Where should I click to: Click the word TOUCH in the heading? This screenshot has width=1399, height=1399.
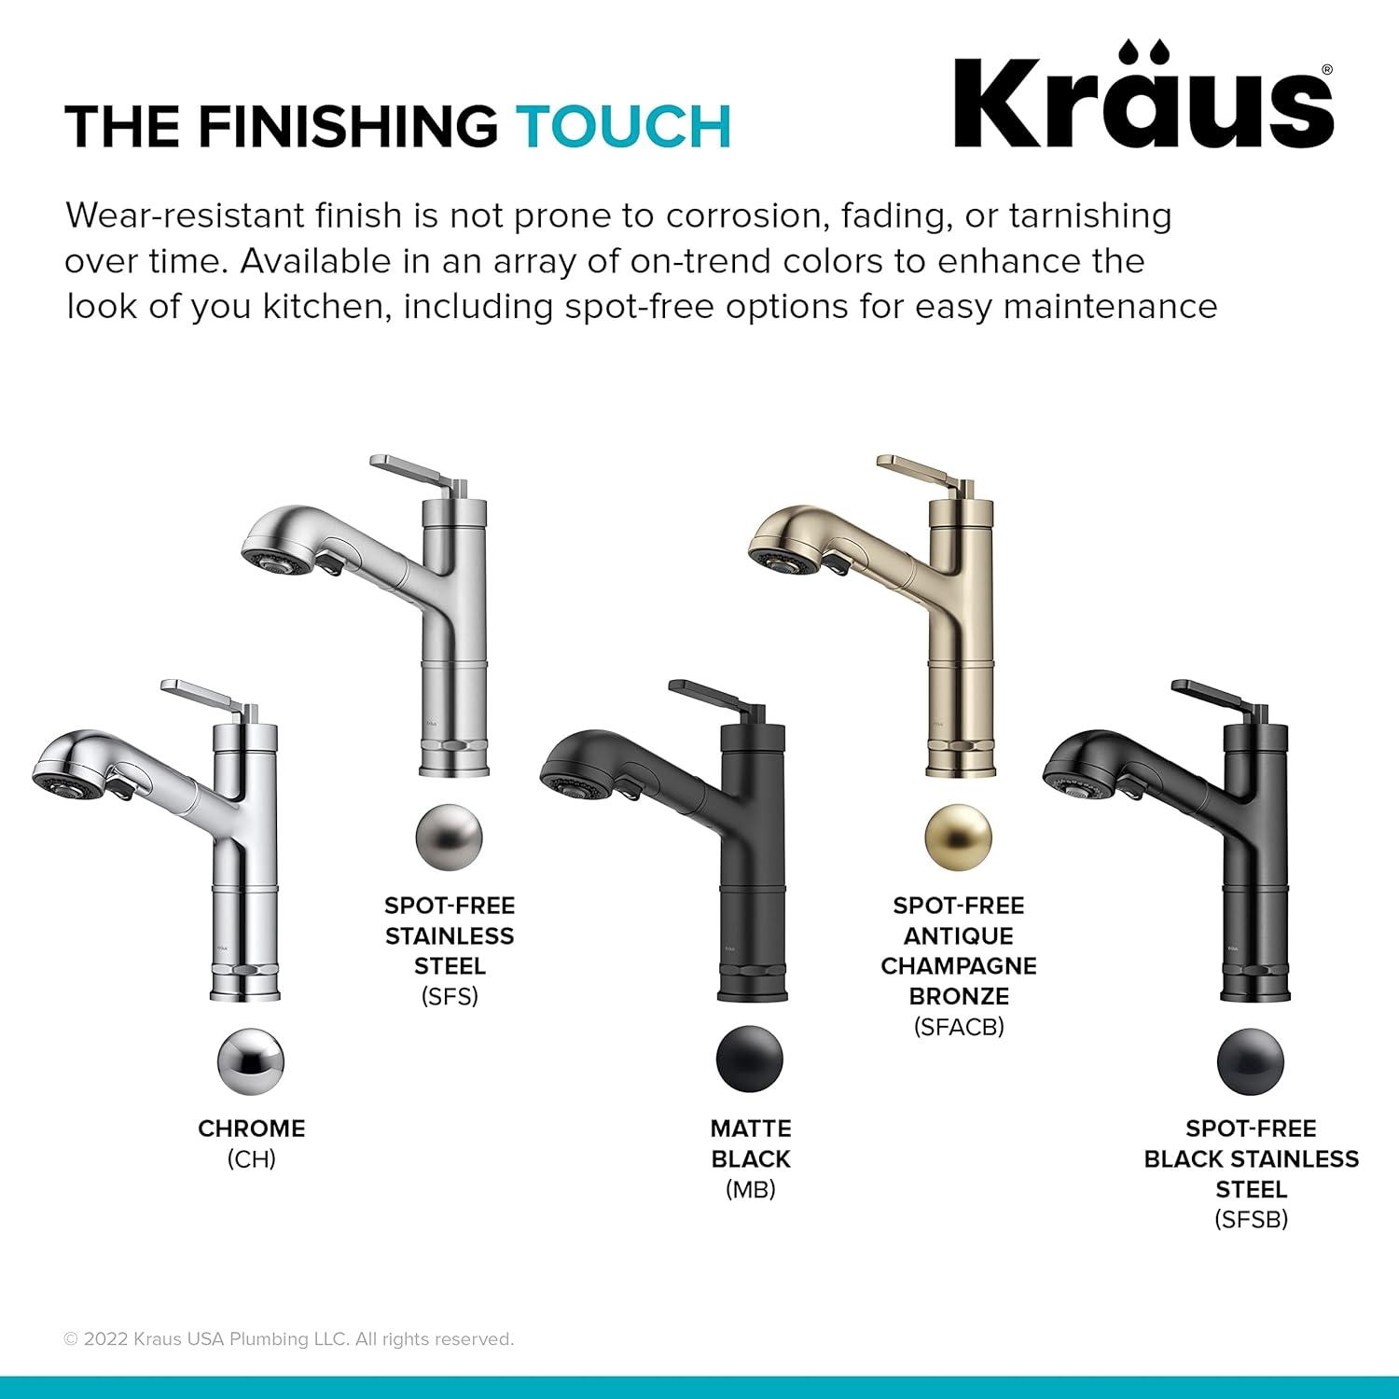pos(624,127)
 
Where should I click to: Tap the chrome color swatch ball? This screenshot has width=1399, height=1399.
pos(251,1061)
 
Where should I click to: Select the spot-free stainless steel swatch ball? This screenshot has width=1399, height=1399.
pos(450,837)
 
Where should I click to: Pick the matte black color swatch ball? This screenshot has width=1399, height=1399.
pos(750,1060)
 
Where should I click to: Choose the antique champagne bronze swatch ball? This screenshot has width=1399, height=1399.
pos(959,837)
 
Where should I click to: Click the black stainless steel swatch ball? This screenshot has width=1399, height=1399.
pos(1251,1061)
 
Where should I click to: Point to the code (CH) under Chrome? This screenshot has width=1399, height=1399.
pos(251,1159)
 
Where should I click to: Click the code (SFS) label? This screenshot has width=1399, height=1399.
pos(450,996)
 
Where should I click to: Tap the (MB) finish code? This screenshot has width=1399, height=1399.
pos(750,1189)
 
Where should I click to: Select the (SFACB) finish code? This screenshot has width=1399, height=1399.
pos(959,1027)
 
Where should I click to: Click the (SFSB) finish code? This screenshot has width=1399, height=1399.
pos(1251,1219)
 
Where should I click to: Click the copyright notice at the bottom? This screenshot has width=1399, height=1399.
pos(289,1339)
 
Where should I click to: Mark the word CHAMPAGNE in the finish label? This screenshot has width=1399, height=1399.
pos(959,965)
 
